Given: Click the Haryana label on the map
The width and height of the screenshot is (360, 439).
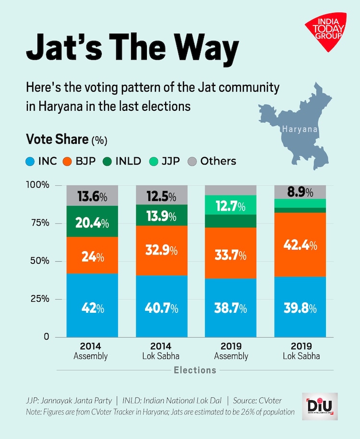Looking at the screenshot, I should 300,129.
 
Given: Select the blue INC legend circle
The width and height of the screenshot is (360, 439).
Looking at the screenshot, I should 31,161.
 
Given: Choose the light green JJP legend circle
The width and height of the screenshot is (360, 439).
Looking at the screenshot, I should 153,161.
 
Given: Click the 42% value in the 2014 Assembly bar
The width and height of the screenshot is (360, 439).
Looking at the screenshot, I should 91,308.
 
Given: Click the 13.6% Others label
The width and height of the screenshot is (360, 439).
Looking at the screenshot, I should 91,196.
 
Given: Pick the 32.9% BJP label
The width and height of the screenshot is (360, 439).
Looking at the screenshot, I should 160,250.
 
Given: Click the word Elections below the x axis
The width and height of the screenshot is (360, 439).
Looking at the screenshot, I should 195,370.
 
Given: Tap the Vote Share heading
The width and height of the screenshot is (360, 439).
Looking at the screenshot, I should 57,140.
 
